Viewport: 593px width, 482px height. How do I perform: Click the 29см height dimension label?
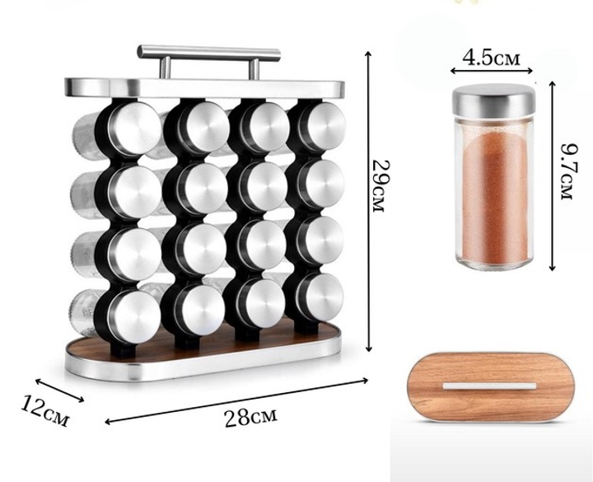pos(380,186)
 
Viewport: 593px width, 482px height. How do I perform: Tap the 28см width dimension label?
pos(250,416)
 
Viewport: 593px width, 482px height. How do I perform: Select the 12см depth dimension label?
pos(45,410)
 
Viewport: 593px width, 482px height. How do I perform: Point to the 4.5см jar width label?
pos(491,58)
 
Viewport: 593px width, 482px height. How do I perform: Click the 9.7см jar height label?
pos(567,171)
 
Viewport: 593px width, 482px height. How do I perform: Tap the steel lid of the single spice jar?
pos(494,99)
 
